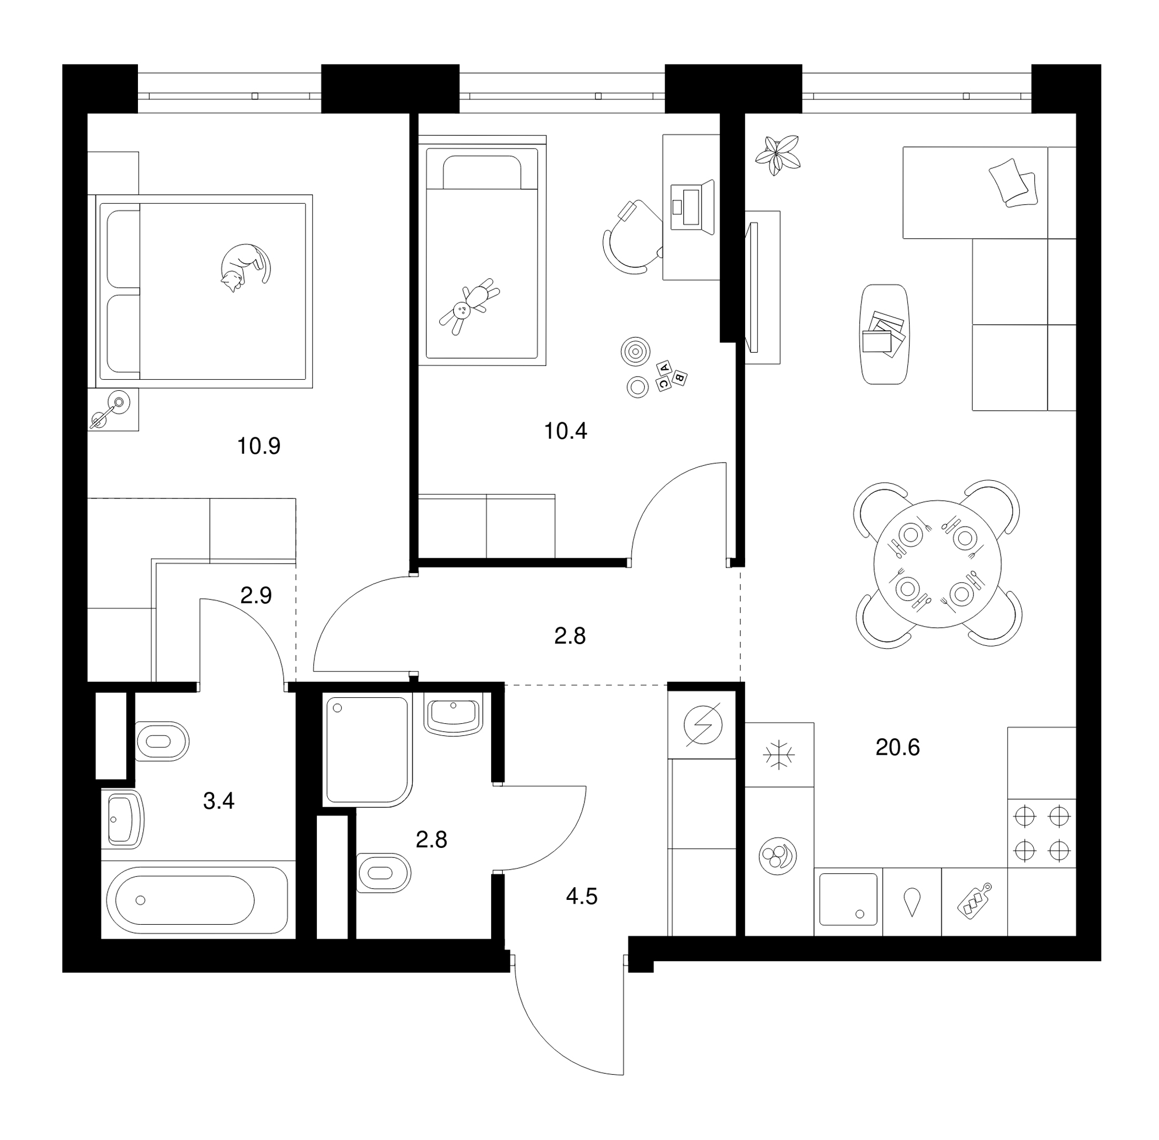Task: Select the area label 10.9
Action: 259,446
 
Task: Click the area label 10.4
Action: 565,431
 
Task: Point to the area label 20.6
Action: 897,747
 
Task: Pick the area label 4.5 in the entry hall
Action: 581,897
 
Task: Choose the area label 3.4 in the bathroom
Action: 219,801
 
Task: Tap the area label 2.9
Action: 256,596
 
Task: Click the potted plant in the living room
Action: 777,155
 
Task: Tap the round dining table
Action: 937,564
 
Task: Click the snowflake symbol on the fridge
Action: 779,755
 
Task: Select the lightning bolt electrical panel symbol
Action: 703,725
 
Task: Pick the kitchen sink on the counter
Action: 848,899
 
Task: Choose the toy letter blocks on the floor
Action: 671,375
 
